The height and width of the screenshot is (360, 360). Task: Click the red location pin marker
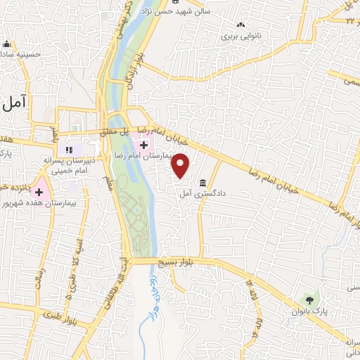[x=181, y=165]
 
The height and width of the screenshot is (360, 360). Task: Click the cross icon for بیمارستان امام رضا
[x=143, y=145]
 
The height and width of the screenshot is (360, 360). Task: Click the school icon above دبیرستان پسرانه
[x=69, y=149]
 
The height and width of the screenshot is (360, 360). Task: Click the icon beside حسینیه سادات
[x=7, y=44]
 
